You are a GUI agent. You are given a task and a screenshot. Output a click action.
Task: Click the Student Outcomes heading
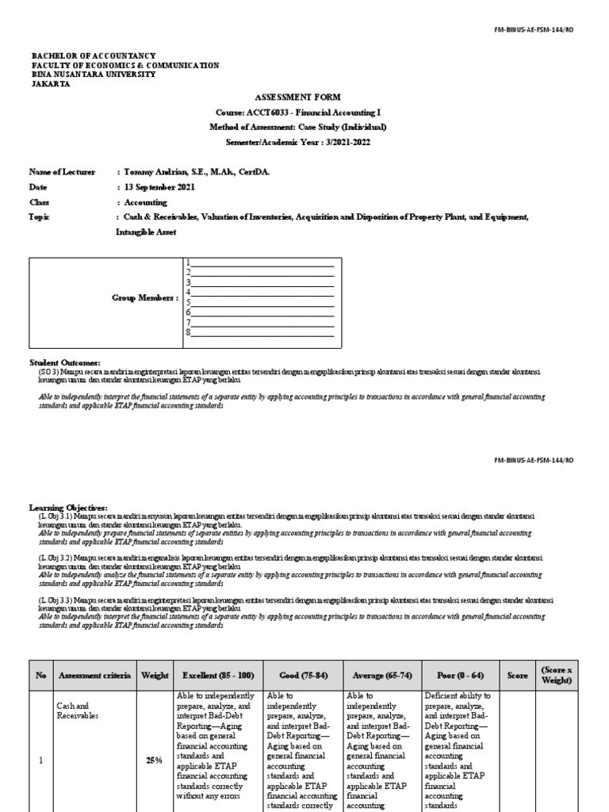(65, 362)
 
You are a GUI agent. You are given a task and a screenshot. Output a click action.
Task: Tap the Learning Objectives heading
(68, 507)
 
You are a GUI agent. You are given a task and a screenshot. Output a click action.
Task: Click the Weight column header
(155, 675)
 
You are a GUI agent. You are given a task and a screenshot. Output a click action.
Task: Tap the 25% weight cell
(155, 760)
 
